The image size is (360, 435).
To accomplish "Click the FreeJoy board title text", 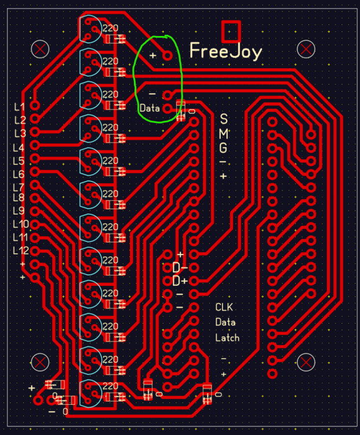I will (226, 52).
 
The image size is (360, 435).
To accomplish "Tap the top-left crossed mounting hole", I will (40, 49).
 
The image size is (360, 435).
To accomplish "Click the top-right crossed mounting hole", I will (306, 49).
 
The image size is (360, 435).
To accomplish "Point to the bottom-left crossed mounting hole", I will (40, 362).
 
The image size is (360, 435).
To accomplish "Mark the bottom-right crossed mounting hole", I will (306, 362).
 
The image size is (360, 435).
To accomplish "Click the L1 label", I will (19, 107).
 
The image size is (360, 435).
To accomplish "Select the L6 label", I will (19, 174).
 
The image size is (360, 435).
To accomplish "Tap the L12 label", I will (21, 251).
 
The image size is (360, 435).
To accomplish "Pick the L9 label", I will (19, 211).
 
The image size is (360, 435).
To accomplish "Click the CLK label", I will (224, 307).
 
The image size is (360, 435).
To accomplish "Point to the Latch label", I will (227, 338).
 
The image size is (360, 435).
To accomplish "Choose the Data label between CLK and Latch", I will (226, 322).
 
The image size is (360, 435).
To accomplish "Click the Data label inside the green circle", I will (150, 108).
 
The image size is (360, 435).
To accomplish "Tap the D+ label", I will (180, 281).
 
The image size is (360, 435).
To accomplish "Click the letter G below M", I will (223, 148).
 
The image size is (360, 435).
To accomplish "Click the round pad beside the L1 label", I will (35, 106).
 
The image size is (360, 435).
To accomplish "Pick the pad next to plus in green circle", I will (168, 56).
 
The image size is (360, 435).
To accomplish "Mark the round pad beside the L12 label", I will (35, 251).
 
